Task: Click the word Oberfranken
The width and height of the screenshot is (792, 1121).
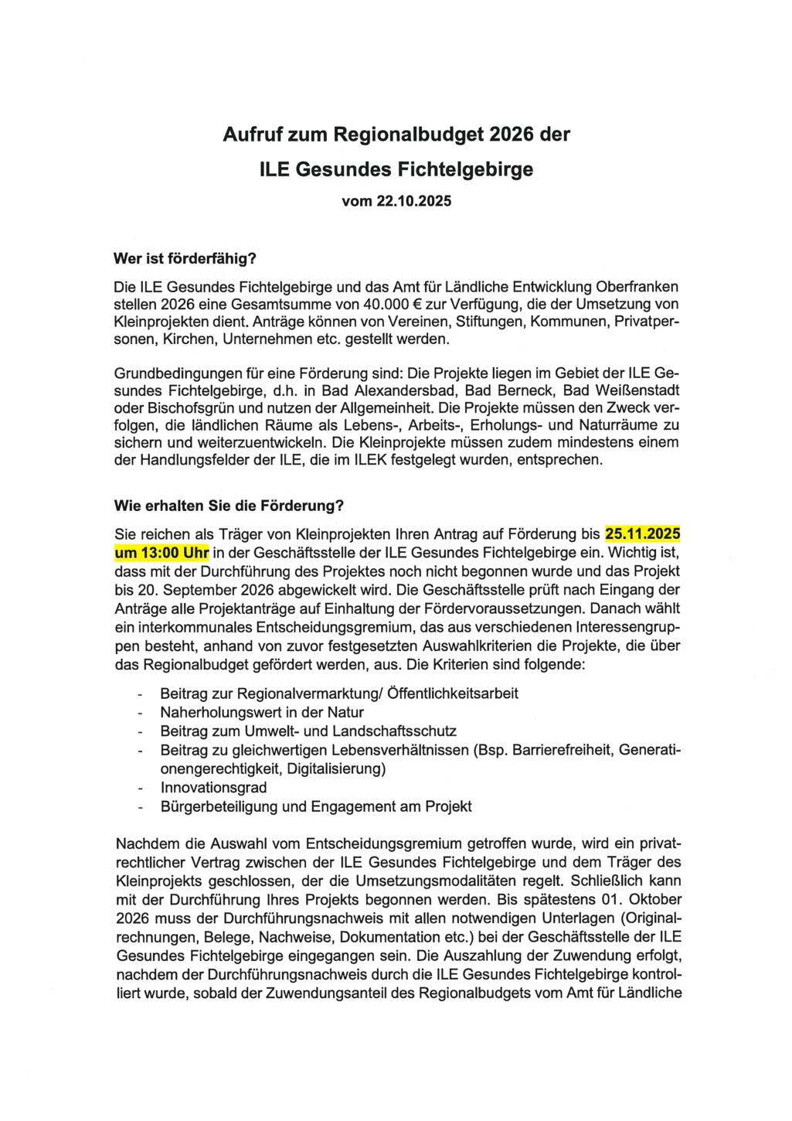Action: pyautogui.click(x=632, y=286)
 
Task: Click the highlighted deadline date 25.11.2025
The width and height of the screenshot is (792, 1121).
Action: pyautogui.click(x=643, y=534)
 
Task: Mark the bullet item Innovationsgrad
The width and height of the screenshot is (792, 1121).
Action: pyautogui.click(x=213, y=788)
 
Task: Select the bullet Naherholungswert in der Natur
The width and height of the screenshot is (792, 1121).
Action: pyautogui.click(x=261, y=712)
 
